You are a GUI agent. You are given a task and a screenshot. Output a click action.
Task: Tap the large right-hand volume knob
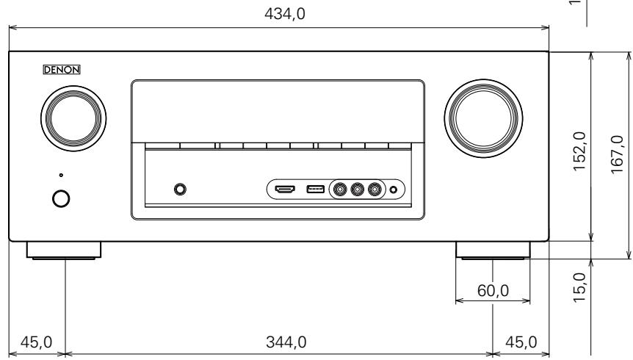[486, 118]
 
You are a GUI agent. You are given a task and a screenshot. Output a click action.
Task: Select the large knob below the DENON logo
[72, 118]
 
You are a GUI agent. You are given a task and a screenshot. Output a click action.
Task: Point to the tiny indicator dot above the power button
[61, 175]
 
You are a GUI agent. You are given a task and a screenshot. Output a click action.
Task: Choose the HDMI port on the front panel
[285, 190]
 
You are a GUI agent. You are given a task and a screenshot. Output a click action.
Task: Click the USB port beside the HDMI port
[315, 190]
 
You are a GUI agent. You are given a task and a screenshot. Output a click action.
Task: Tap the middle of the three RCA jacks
[358, 190]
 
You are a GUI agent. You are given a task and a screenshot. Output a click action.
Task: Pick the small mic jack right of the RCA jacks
[394, 190]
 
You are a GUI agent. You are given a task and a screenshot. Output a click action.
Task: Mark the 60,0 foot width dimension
[493, 291]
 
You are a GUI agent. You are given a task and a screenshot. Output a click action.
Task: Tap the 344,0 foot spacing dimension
[279, 342]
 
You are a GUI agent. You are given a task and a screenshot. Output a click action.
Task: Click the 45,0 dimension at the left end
[34, 342]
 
